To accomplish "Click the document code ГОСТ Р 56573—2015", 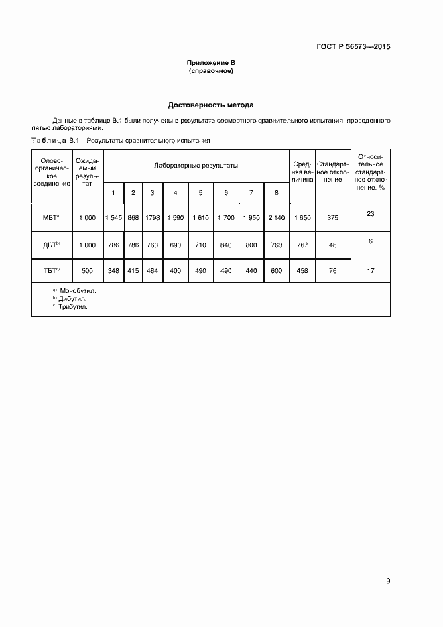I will pos(353,47).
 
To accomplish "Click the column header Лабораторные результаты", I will pos(196,165).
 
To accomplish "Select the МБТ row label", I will pos(51,217).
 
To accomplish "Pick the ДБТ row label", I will pos(51,245).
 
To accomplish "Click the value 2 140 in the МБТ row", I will pos(276,217).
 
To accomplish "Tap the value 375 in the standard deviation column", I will pos(333,217).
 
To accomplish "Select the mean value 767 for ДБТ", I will pos(302,245).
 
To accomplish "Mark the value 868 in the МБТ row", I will pos(133,217).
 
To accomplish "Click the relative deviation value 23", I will pos(371,213).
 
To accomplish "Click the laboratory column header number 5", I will pos(200,193).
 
